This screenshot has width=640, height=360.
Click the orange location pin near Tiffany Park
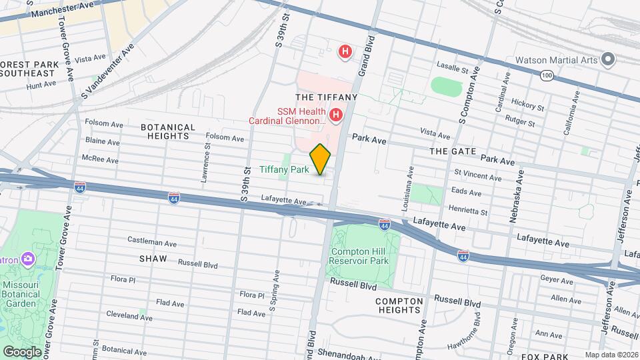point(321,159)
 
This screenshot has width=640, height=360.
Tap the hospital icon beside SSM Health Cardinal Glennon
point(336,115)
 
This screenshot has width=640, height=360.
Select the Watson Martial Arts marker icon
point(607,59)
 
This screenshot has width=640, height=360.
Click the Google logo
point(23,351)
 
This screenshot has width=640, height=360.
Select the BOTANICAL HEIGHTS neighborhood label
point(168,131)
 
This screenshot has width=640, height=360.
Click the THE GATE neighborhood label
point(453,151)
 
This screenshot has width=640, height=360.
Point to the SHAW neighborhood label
point(153,257)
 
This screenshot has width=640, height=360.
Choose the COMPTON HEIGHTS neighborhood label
point(399,306)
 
